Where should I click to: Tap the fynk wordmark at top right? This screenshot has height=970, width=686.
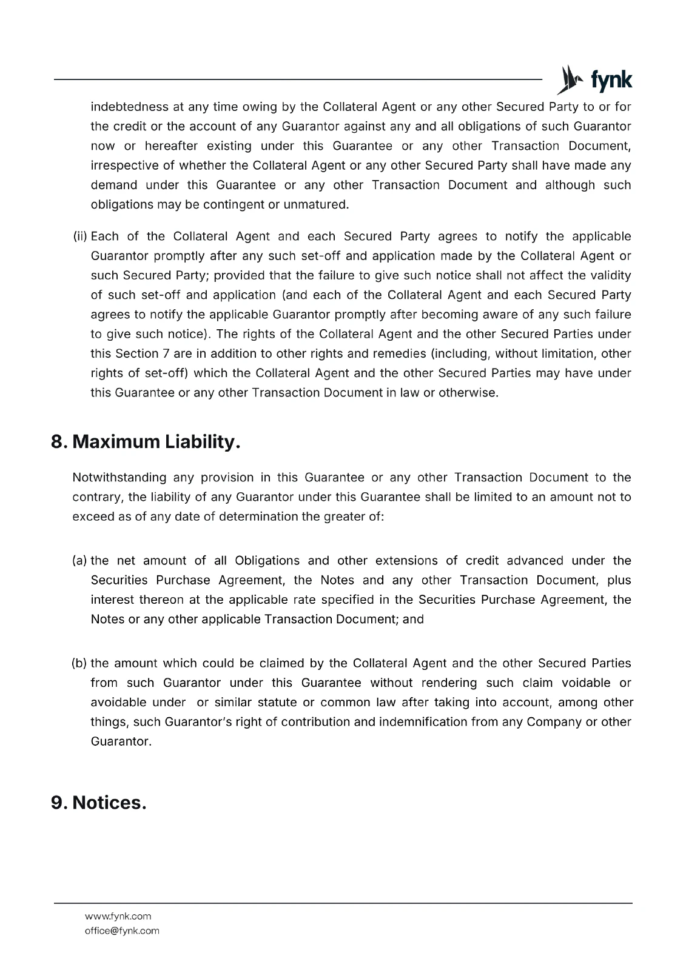[611, 81]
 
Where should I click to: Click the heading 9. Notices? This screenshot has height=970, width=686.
[99, 802]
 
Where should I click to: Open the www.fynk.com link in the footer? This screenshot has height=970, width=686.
[118, 916]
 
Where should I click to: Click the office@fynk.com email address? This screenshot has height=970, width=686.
[122, 931]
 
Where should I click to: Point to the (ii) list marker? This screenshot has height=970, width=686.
[80, 236]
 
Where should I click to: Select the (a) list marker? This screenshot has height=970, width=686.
[80, 560]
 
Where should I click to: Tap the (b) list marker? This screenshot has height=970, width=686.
[80, 663]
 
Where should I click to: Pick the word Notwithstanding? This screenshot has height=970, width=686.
[119, 478]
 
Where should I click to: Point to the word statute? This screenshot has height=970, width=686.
[281, 703]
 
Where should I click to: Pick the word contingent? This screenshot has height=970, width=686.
[234, 204]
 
